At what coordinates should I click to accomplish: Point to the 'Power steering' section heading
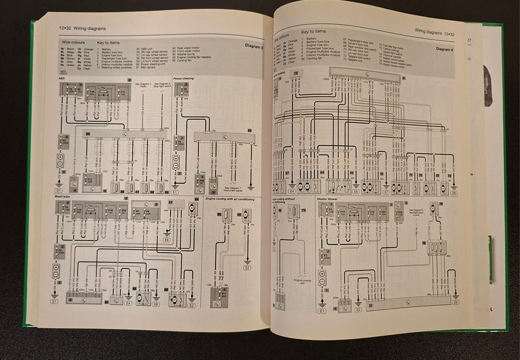(184, 79)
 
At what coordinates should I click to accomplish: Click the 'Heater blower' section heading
(328, 199)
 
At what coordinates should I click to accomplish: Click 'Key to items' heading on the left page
(108, 42)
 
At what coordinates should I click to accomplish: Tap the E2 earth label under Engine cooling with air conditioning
(247, 267)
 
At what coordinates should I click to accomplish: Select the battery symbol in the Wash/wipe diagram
(56, 269)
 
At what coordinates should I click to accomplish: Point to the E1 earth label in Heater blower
(322, 311)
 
